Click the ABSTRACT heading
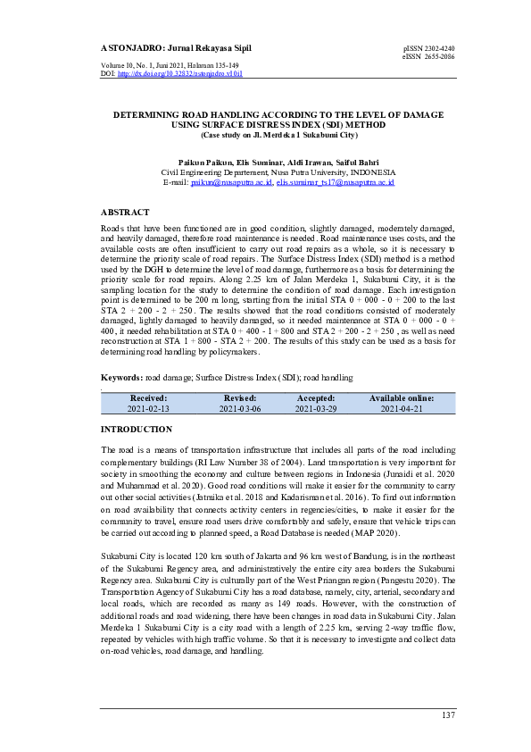(x=125, y=213)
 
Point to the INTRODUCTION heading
(x=137, y=430)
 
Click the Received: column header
(x=148, y=398)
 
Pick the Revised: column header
(x=240, y=398)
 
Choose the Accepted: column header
(x=315, y=398)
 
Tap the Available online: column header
(x=402, y=398)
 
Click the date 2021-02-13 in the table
(x=148, y=408)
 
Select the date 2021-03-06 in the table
(x=240, y=408)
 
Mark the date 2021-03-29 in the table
(x=315, y=408)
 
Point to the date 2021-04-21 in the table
(x=402, y=408)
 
